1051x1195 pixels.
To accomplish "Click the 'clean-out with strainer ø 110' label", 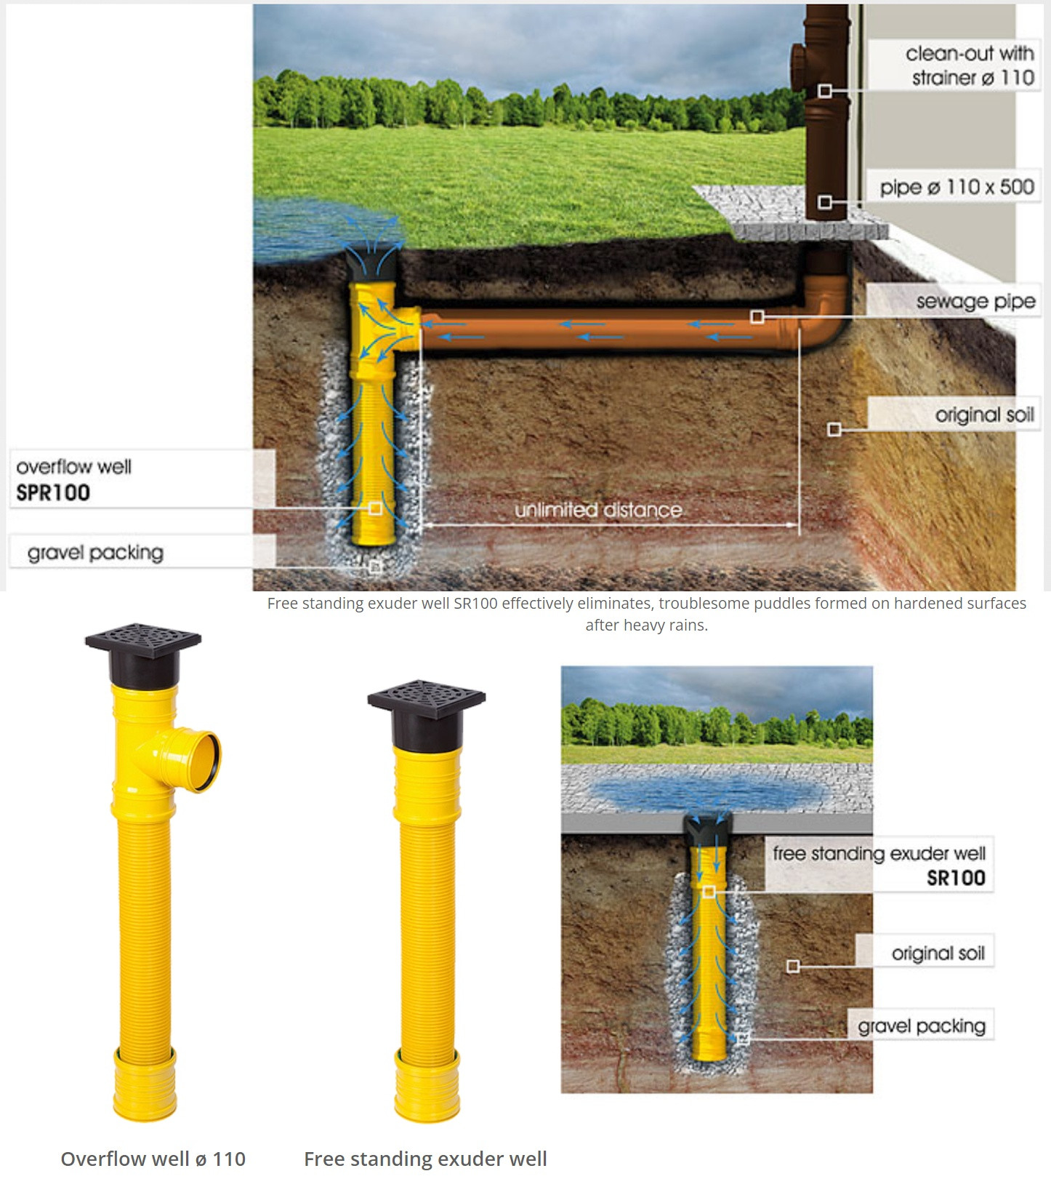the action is point(969,65).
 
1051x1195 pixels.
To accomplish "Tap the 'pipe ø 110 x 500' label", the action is point(957,188).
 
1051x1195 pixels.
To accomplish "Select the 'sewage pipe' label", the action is point(975,301).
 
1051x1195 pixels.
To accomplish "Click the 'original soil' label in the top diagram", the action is point(984,415).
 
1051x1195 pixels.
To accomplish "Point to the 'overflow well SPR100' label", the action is point(73,479).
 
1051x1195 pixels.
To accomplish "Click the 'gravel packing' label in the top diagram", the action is point(95,553).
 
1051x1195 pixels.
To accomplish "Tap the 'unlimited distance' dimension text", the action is point(598,510).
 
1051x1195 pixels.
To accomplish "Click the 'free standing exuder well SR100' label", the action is point(879,865).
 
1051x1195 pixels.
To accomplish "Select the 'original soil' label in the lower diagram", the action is point(938,953).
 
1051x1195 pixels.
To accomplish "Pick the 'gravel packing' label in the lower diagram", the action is point(922,1026).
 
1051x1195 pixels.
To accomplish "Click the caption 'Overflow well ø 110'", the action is point(153,1159).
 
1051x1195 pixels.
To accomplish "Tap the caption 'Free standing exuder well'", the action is point(425,1159).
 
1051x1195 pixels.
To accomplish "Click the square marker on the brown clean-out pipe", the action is point(825,91).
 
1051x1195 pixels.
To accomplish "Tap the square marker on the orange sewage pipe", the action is point(757,316).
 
